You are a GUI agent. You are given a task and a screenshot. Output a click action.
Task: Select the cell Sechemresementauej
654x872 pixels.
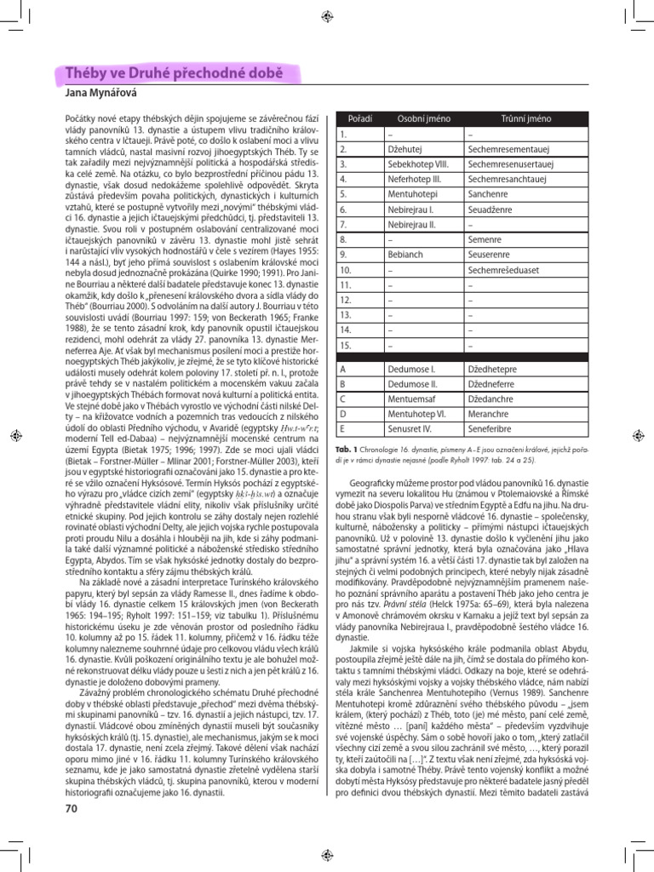pos(507,148)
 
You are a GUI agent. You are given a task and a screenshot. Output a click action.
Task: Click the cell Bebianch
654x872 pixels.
pos(404,255)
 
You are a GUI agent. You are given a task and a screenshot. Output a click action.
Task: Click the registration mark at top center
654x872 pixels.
pos(327,16)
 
